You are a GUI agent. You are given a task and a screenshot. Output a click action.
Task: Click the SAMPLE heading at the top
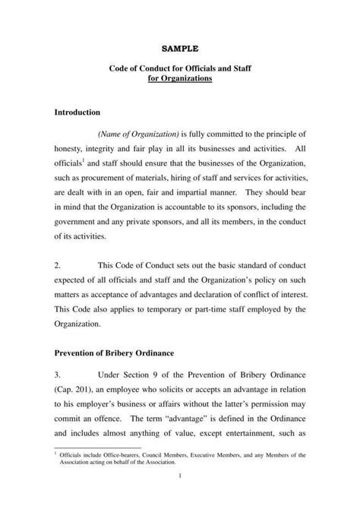tap(179, 48)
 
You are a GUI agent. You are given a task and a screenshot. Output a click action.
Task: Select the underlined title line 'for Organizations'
tap(179, 79)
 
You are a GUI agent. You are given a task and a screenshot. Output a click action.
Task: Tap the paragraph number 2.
tap(58, 266)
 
